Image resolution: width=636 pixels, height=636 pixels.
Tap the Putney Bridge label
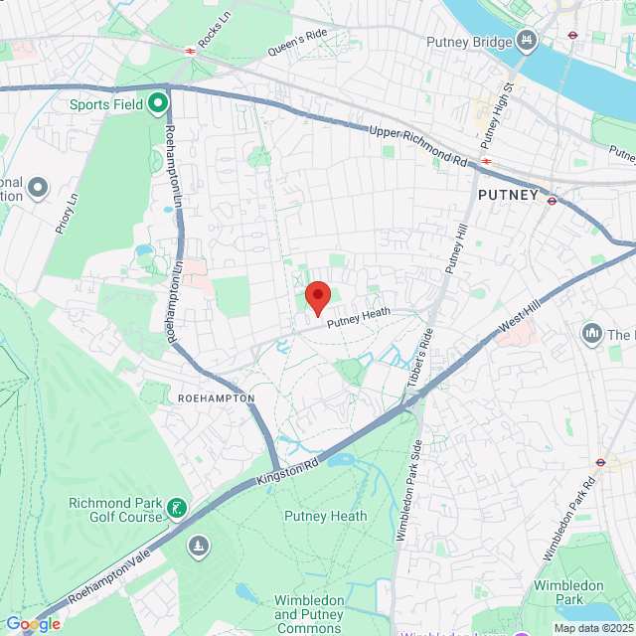coord(468,41)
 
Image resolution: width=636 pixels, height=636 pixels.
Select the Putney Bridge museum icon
coord(527,41)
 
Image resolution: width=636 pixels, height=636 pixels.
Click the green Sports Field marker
coord(159,102)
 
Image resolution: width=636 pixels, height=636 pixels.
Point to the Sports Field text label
coord(106,103)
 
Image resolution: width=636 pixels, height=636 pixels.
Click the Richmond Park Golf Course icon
coord(177,509)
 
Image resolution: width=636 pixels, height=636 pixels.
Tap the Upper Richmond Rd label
coord(417,145)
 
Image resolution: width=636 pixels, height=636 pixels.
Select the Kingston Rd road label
coord(289,465)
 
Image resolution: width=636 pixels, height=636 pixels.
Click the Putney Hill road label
coord(456,248)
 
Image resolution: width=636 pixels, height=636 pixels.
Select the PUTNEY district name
coord(508,195)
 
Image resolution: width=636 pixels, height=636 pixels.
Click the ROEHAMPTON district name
coord(216,397)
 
